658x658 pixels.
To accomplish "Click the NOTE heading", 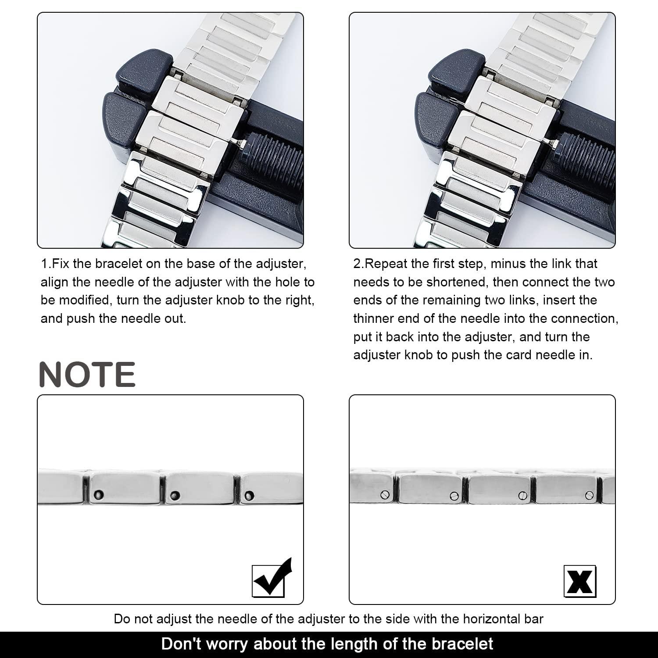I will point(87,375).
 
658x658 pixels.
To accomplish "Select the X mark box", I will point(579,581).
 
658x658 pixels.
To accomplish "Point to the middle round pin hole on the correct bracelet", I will point(175,496).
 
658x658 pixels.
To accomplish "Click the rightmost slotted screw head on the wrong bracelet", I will point(589,496).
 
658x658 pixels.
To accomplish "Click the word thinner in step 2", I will point(374,318).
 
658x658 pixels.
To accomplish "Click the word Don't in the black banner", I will point(181,644).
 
